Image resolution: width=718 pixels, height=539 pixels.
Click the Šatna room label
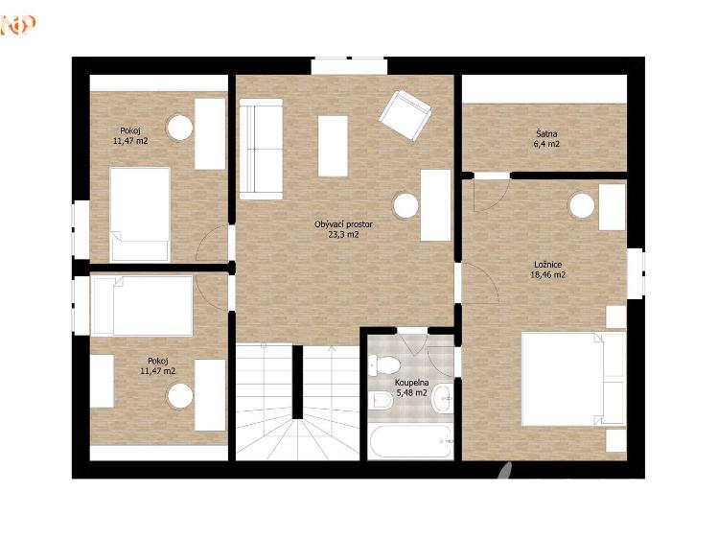(x=546, y=133)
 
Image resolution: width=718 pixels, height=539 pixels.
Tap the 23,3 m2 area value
(x=343, y=235)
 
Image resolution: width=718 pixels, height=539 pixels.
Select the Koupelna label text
(x=411, y=383)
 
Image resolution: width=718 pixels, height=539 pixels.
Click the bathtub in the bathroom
(x=410, y=441)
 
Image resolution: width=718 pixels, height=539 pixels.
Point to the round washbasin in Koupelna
(x=443, y=398)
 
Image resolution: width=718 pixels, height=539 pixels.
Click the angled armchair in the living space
(x=405, y=115)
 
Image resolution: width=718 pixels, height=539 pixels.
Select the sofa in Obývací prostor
(x=261, y=149)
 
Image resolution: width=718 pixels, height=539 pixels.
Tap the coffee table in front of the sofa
(x=333, y=146)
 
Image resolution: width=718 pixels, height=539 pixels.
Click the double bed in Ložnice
(x=573, y=379)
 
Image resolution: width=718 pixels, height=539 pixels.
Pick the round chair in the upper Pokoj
(x=179, y=128)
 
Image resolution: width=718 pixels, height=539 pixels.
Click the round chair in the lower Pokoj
(x=179, y=396)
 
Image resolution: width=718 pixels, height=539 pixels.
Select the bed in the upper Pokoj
(x=140, y=214)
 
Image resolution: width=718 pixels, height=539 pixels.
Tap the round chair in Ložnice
(x=581, y=206)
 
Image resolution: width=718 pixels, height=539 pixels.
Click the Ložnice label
(x=547, y=265)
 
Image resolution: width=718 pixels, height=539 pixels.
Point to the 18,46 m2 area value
(x=547, y=275)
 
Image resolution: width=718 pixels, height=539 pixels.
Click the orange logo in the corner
(x=17, y=25)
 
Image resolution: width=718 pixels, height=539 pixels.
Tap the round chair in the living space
(x=405, y=205)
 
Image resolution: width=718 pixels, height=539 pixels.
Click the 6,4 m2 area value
(x=547, y=144)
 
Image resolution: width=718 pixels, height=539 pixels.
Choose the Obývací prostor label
(x=343, y=224)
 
